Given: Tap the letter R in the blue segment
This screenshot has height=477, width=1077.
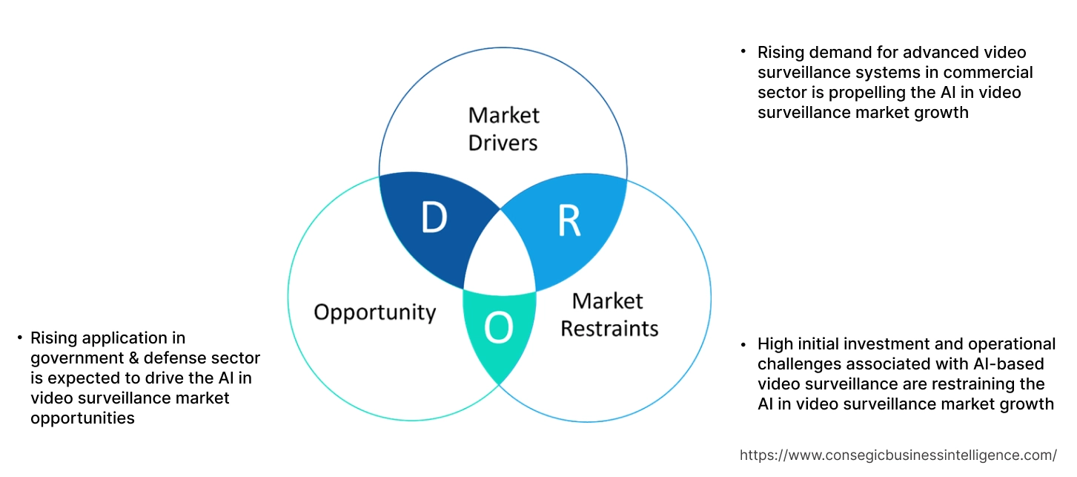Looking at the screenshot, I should tap(569, 221).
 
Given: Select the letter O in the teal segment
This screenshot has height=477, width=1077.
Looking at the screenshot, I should tap(499, 329).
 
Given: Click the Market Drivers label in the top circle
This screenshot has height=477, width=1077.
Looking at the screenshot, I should tap(503, 128).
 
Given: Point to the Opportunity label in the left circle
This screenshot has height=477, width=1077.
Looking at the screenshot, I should tap(374, 312).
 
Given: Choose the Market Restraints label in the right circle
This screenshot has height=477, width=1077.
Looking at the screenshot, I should tap(609, 315).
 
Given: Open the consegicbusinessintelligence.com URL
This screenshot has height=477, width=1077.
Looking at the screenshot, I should tap(898, 455).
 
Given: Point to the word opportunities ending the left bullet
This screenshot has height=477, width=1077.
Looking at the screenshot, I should tap(82, 418).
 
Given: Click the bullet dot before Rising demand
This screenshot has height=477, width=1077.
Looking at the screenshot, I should tap(743, 53).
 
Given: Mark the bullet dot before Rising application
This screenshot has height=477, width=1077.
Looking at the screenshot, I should tap(19, 338).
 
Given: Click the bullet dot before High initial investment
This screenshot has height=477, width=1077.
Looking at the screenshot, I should tap(743, 344).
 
